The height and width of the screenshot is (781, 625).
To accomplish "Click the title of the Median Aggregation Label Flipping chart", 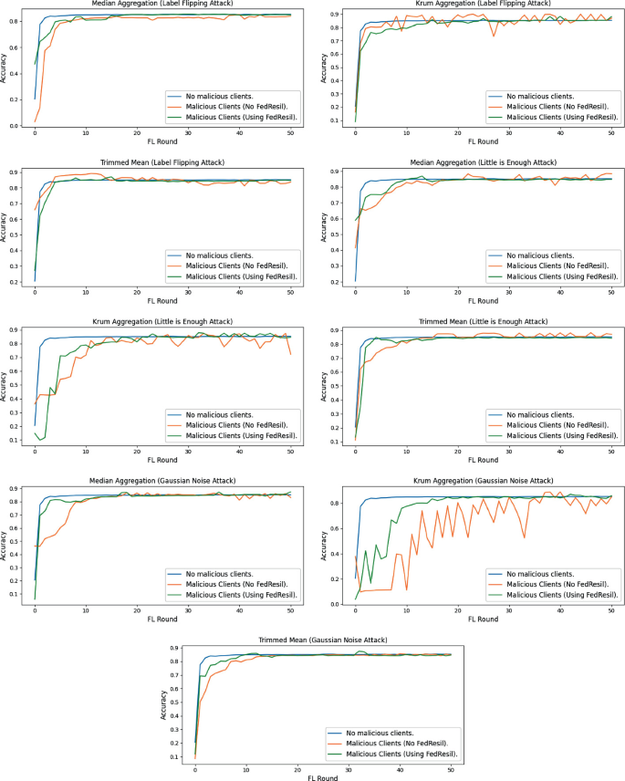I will (x=161, y=5).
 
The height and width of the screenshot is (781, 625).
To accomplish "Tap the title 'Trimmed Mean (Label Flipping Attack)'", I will (x=161, y=162).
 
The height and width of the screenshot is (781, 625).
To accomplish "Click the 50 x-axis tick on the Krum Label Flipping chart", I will (x=610, y=133).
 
